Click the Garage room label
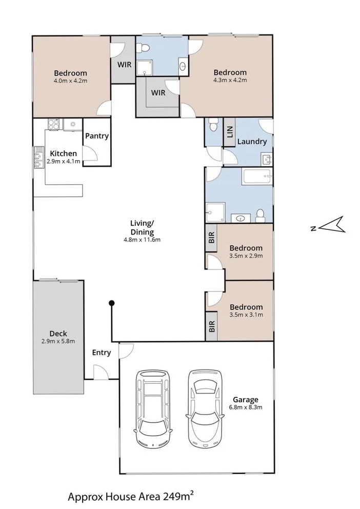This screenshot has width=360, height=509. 245,399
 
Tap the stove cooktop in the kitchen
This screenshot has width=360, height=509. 53,124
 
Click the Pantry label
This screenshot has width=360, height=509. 96,136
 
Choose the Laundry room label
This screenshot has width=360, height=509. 251,142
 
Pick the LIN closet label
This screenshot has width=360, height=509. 229,133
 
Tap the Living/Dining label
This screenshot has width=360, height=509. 142,227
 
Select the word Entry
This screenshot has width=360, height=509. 101,352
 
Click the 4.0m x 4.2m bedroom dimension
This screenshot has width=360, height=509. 71,81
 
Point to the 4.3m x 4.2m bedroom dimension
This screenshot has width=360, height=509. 230,80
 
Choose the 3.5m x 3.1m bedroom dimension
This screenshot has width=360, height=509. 246,315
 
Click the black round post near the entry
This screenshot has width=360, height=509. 111,304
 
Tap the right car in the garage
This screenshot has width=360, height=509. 206,408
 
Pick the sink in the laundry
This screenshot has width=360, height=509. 267,160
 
